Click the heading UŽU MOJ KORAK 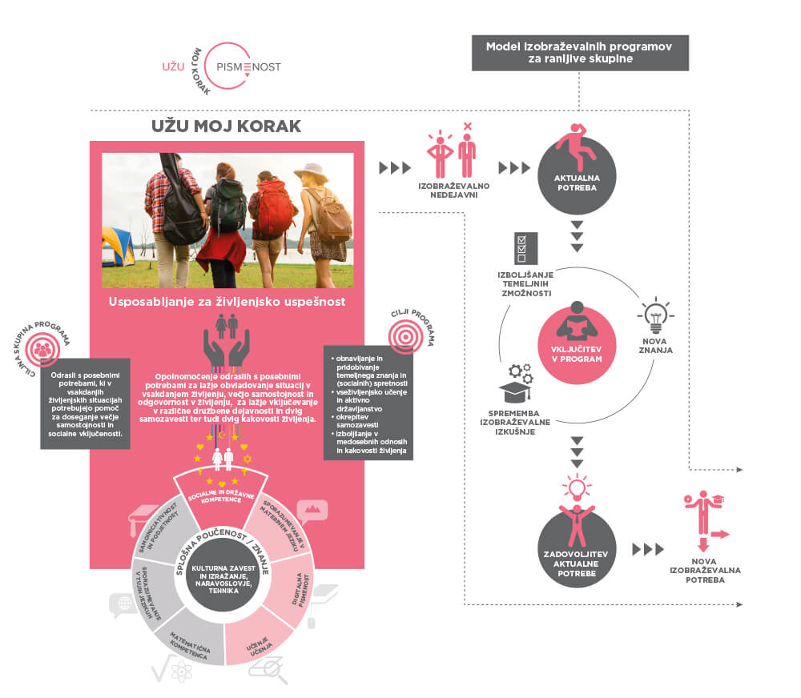click(x=227, y=126)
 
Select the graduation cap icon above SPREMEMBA click(x=517, y=392)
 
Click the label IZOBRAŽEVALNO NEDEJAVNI click(x=454, y=190)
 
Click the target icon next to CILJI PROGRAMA click(x=407, y=337)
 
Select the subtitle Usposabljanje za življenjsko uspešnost click(x=227, y=302)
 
